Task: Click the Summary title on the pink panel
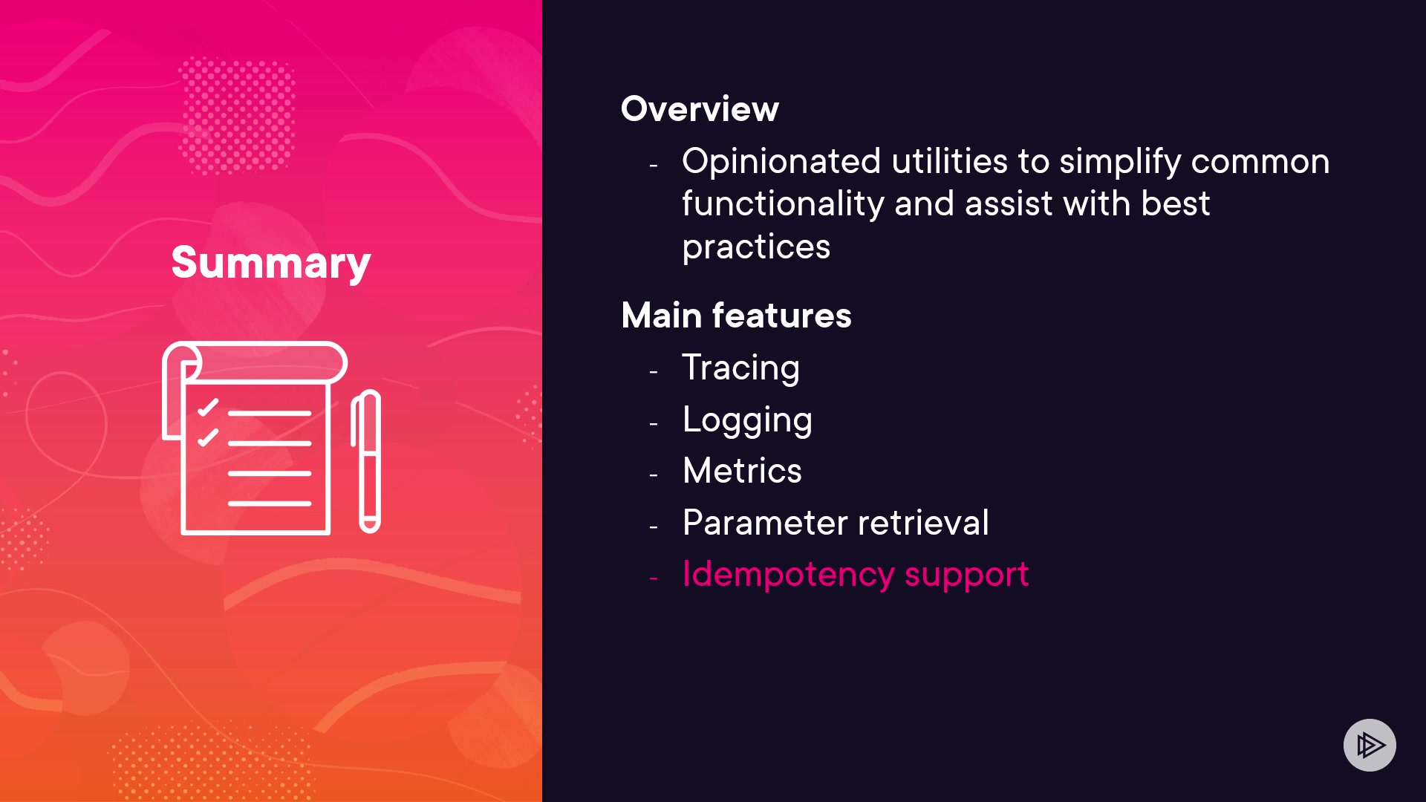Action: [x=271, y=264]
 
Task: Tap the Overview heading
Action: [x=700, y=109]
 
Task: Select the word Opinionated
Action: [x=781, y=163]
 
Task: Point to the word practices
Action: [x=756, y=247]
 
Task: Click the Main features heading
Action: [x=736, y=316]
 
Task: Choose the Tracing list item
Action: [x=740, y=368]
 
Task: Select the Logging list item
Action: [x=747, y=420]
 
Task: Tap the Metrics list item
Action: [x=742, y=471]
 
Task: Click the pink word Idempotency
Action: [x=788, y=575]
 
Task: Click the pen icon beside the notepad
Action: [x=366, y=461]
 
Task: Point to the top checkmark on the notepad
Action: [x=208, y=408]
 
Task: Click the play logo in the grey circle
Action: [x=1370, y=745]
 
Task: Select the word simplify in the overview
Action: [x=1119, y=163]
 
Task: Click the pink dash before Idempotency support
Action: [x=654, y=578]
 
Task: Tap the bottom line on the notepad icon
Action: [x=270, y=503]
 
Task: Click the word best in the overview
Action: [x=1175, y=204]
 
